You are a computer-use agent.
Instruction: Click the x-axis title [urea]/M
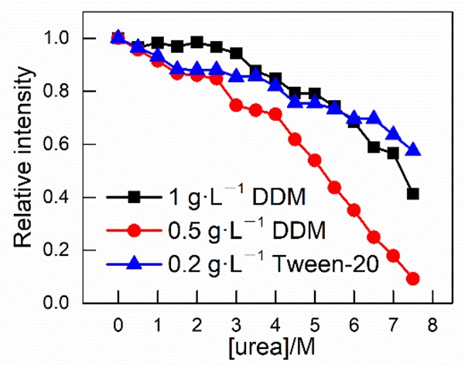[274, 344]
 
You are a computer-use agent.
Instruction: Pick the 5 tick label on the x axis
[314, 321]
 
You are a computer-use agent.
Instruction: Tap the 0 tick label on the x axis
[118, 321]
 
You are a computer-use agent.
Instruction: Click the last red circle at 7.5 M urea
[413, 278]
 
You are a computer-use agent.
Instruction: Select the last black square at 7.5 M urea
[413, 194]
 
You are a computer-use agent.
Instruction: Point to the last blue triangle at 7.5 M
[413, 149]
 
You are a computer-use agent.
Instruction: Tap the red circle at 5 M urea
[315, 160]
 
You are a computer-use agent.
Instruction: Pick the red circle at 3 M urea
[236, 105]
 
